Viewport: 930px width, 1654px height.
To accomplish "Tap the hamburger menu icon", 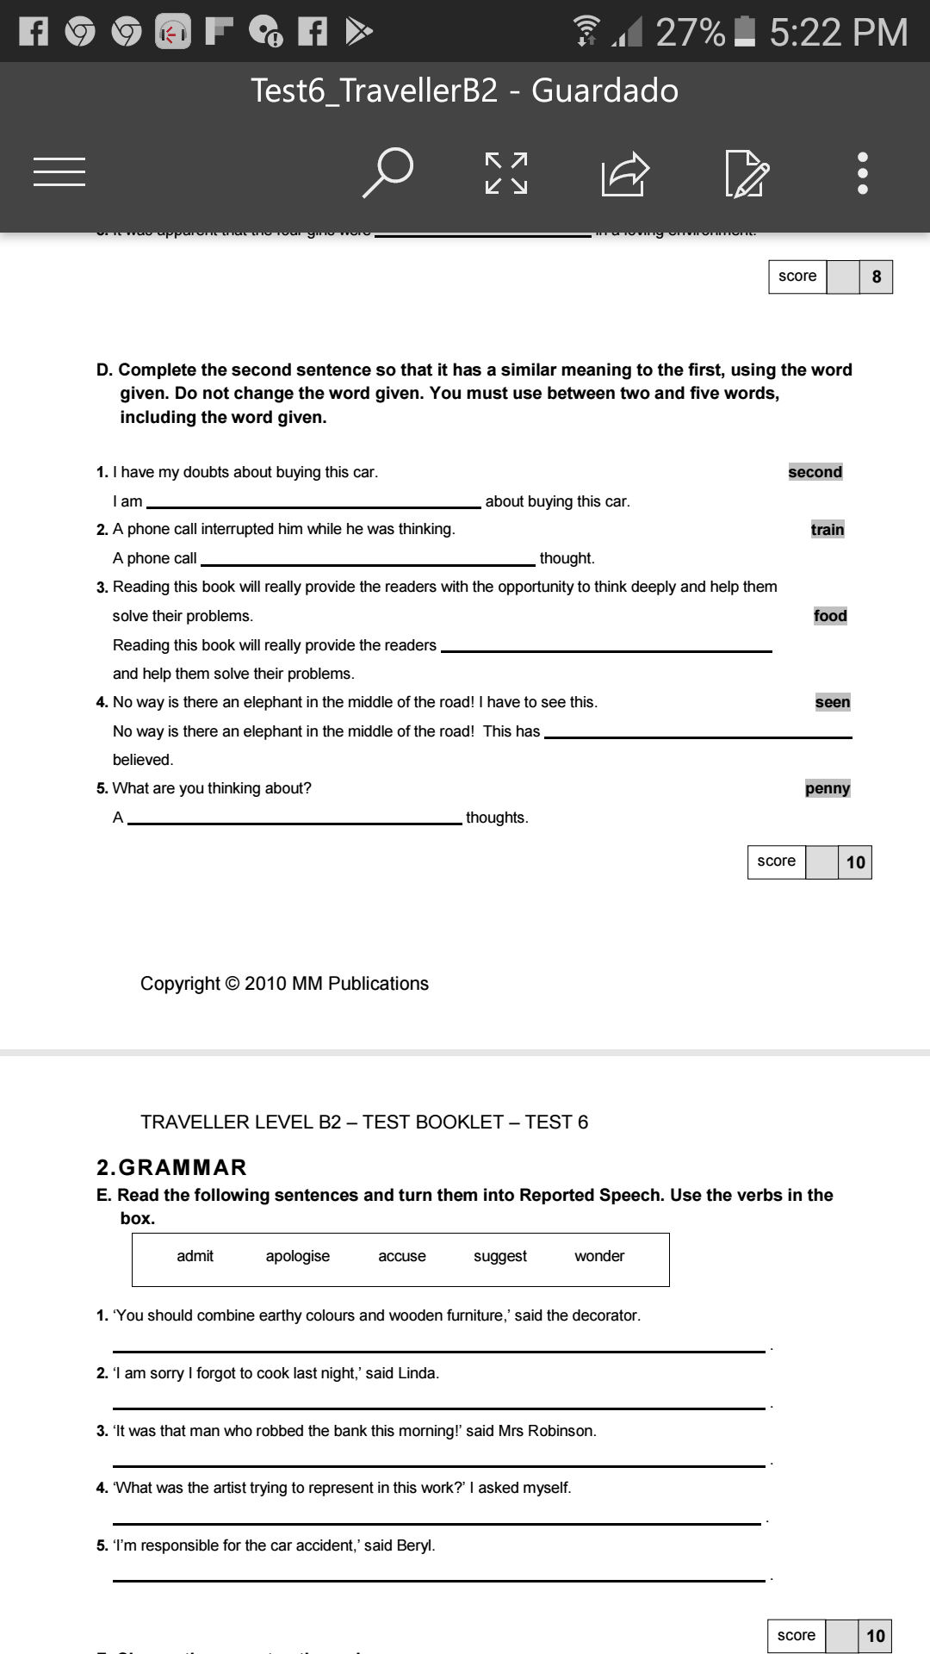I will pyautogui.click(x=59, y=171).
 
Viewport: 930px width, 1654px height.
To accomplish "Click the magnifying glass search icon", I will pyautogui.click(x=387, y=172).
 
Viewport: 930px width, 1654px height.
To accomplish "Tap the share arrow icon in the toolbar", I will pyautogui.click(x=624, y=173).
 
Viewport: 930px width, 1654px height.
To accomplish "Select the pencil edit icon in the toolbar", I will pyautogui.click(x=747, y=173).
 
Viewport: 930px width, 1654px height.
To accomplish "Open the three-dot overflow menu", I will pyautogui.click(x=863, y=173).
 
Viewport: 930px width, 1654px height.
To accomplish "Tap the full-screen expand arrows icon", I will pyautogui.click(x=506, y=173).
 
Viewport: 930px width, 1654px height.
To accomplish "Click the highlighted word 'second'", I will pyautogui.click(x=815, y=472).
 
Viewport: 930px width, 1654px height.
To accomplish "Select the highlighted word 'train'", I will pyautogui.click(x=827, y=530).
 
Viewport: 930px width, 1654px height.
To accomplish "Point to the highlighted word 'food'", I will pyautogui.click(x=830, y=616).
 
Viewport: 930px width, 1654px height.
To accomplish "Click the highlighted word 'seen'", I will pyautogui.click(x=832, y=702).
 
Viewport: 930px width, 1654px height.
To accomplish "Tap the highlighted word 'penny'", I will pyautogui.click(x=827, y=788).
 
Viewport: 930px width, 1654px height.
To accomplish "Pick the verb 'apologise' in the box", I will pyautogui.click(x=297, y=1256).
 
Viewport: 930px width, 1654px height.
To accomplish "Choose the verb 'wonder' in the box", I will pyautogui.click(x=599, y=1256).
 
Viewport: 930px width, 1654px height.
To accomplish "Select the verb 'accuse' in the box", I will pyautogui.click(x=402, y=1256).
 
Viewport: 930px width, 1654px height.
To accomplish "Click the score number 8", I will pyautogui.click(x=877, y=277).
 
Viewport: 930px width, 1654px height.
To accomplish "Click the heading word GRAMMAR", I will pyautogui.click(x=183, y=1167).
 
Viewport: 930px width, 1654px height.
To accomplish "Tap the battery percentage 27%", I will pyautogui.click(x=691, y=33).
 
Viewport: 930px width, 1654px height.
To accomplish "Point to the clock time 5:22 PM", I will pyautogui.click(x=838, y=33).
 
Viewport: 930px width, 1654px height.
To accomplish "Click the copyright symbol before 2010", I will pyautogui.click(x=232, y=984).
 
